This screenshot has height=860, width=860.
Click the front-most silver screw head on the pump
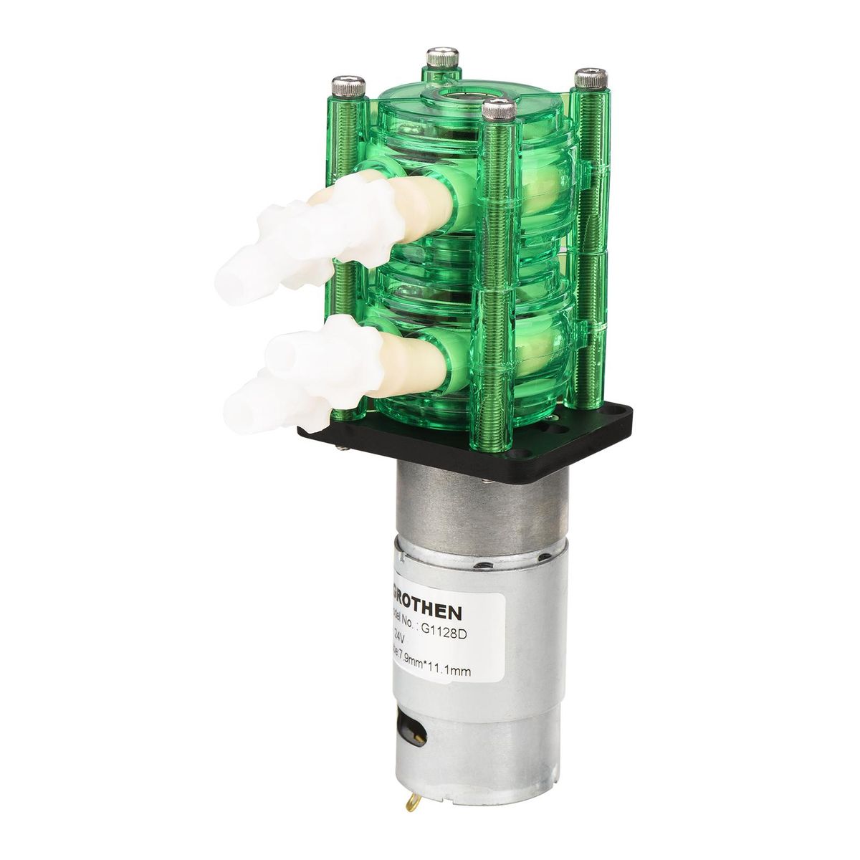coord(500,110)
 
